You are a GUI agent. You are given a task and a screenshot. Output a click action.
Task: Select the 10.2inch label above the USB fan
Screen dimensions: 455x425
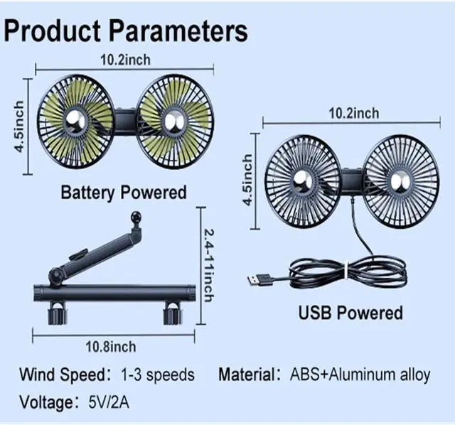click(353, 113)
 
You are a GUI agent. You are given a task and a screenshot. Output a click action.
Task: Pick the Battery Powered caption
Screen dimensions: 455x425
click(123, 192)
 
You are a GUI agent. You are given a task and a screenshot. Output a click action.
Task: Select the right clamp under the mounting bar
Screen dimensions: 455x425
click(172, 312)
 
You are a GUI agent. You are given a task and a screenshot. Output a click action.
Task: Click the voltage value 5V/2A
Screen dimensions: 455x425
click(109, 403)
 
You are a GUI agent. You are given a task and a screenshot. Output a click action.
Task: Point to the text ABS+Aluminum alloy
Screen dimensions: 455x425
click(359, 375)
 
